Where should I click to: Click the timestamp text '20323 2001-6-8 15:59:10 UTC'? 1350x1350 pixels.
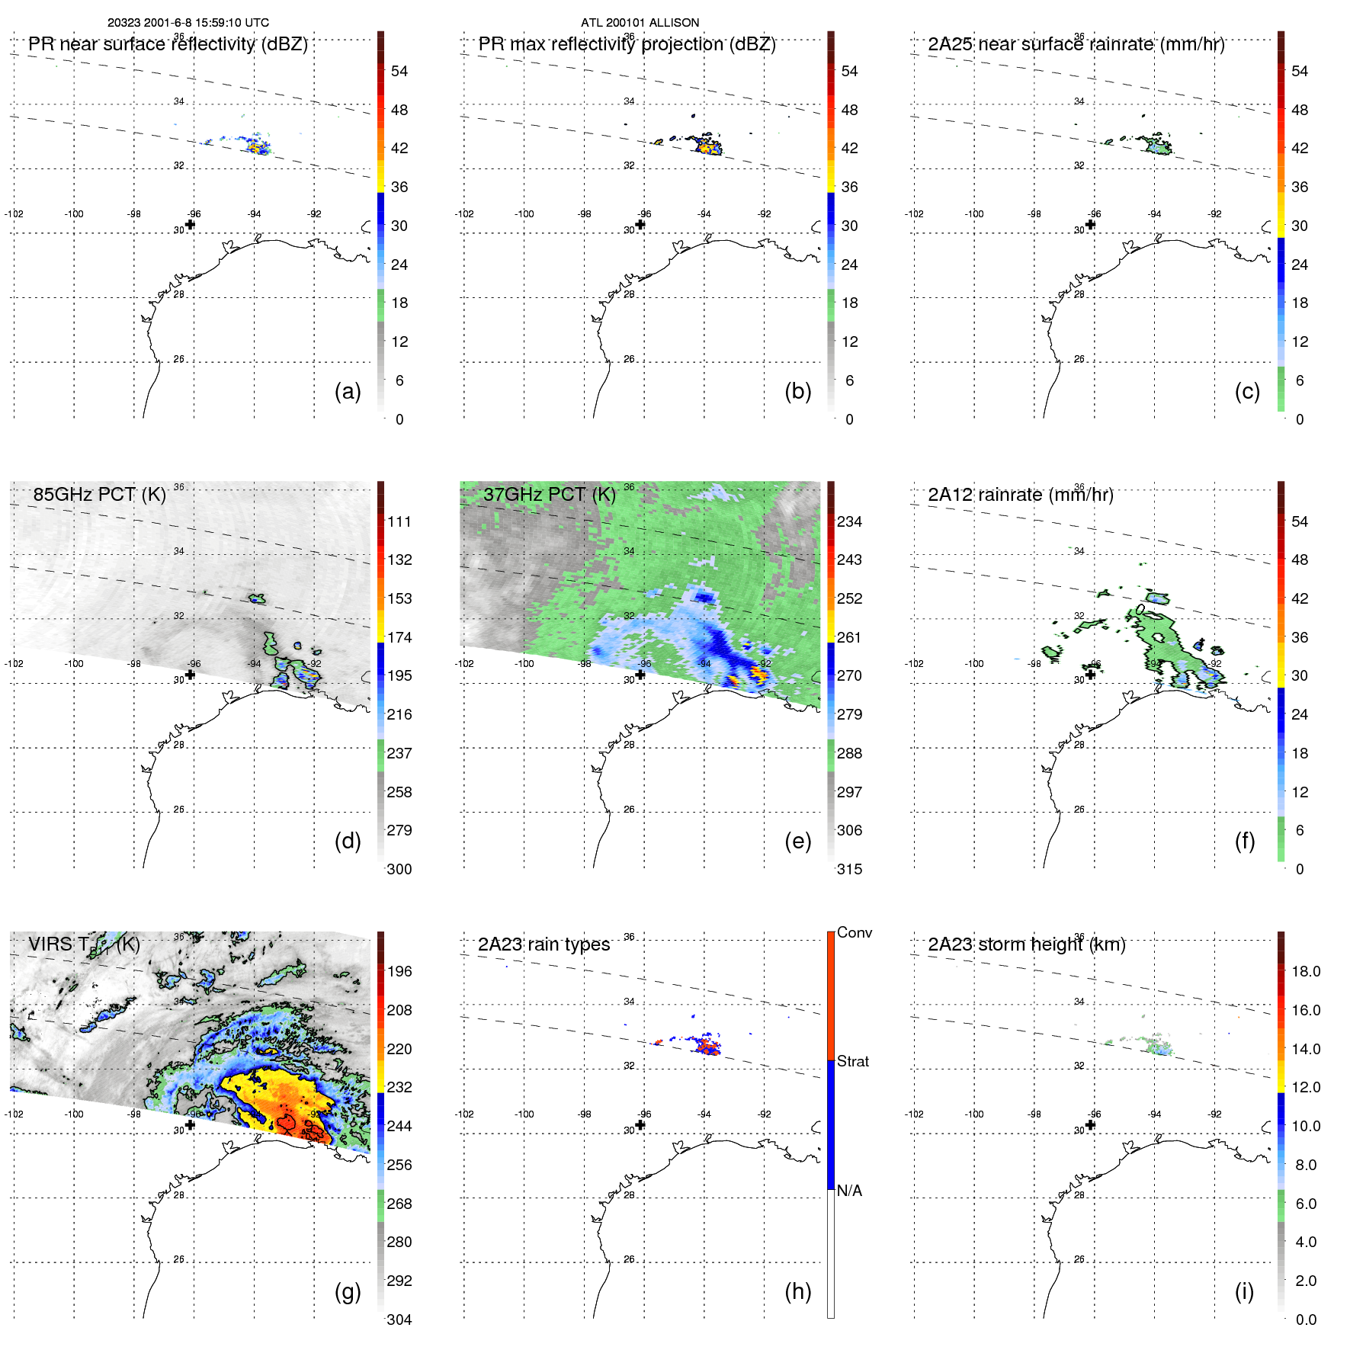(x=188, y=23)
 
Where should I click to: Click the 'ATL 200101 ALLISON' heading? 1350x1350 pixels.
(x=640, y=23)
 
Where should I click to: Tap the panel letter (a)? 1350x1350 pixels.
(x=348, y=391)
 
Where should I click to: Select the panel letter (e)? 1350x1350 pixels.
(x=797, y=841)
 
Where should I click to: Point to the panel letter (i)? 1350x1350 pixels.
(x=1244, y=1291)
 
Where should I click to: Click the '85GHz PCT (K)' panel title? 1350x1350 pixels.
(x=99, y=494)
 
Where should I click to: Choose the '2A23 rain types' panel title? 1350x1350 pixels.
(x=544, y=944)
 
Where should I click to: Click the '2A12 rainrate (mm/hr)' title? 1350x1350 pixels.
(x=1020, y=495)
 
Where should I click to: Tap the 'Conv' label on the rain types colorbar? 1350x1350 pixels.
(x=854, y=932)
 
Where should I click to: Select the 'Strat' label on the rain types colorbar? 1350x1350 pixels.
(x=852, y=1061)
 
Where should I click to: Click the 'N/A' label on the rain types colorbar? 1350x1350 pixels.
(x=849, y=1191)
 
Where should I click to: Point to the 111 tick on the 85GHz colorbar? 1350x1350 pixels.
(x=399, y=521)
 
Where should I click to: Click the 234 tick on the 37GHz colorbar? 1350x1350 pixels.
(x=849, y=521)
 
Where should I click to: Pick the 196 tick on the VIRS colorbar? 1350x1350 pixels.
(x=399, y=971)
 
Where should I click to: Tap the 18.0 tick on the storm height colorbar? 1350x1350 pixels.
(x=1306, y=971)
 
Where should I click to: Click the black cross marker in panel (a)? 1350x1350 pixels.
(x=190, y=224)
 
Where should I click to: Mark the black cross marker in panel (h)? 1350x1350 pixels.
(x=640, y=1124)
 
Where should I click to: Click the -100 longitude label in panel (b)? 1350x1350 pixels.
(x=524, y=214)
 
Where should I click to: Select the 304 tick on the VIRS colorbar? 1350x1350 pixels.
(x=399, y=1320)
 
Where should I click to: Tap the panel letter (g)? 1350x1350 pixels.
(x=348, y=1291)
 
